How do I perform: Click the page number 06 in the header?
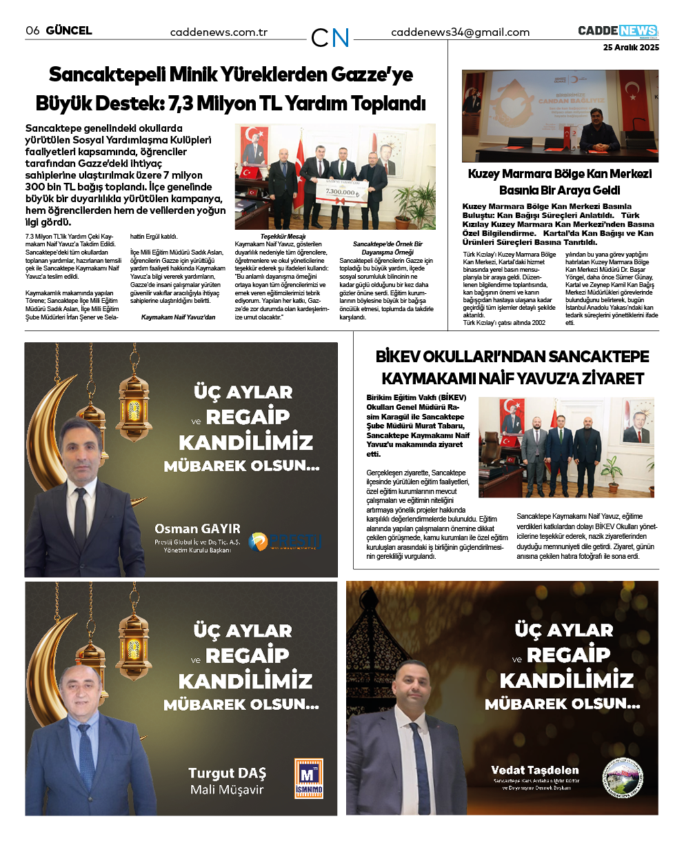tap(32, 30)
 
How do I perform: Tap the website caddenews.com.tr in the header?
tap(219, 32)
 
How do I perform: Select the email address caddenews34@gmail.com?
tap(460, 32)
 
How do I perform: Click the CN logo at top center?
tap(330, 37)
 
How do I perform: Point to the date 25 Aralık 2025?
tap(631, 48)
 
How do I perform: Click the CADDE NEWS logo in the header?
tap(618, 31)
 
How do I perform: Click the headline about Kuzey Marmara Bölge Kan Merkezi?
tap(559, 182)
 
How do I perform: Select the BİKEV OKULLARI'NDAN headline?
tap(512, 367)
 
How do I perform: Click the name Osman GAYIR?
tap(197, 529)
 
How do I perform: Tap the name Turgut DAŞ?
tap(227, 773)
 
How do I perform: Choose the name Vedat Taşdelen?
tap(534, 770)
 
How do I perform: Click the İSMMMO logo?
tap(308, 778)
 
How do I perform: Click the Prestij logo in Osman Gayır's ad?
tap(285, 542)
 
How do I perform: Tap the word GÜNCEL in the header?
tap(69, 30)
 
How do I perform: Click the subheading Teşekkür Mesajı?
tap(283, 236)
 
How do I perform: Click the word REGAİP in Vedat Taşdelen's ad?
tap(567, 655)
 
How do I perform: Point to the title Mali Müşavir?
tap(227, 790)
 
